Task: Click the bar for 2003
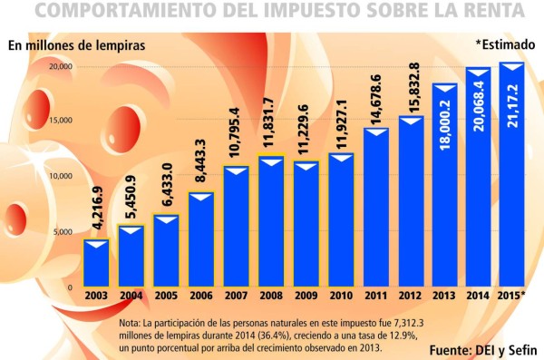pyautogui.click(x=96, y=264)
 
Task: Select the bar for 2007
pyautogui.click(x=237, y=227)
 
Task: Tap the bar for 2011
pyautogui.click(x=376, y=208)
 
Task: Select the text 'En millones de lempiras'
pyautogui.click(x=76, y=44)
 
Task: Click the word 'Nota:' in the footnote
pyautogui.click(x=131, y=323)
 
